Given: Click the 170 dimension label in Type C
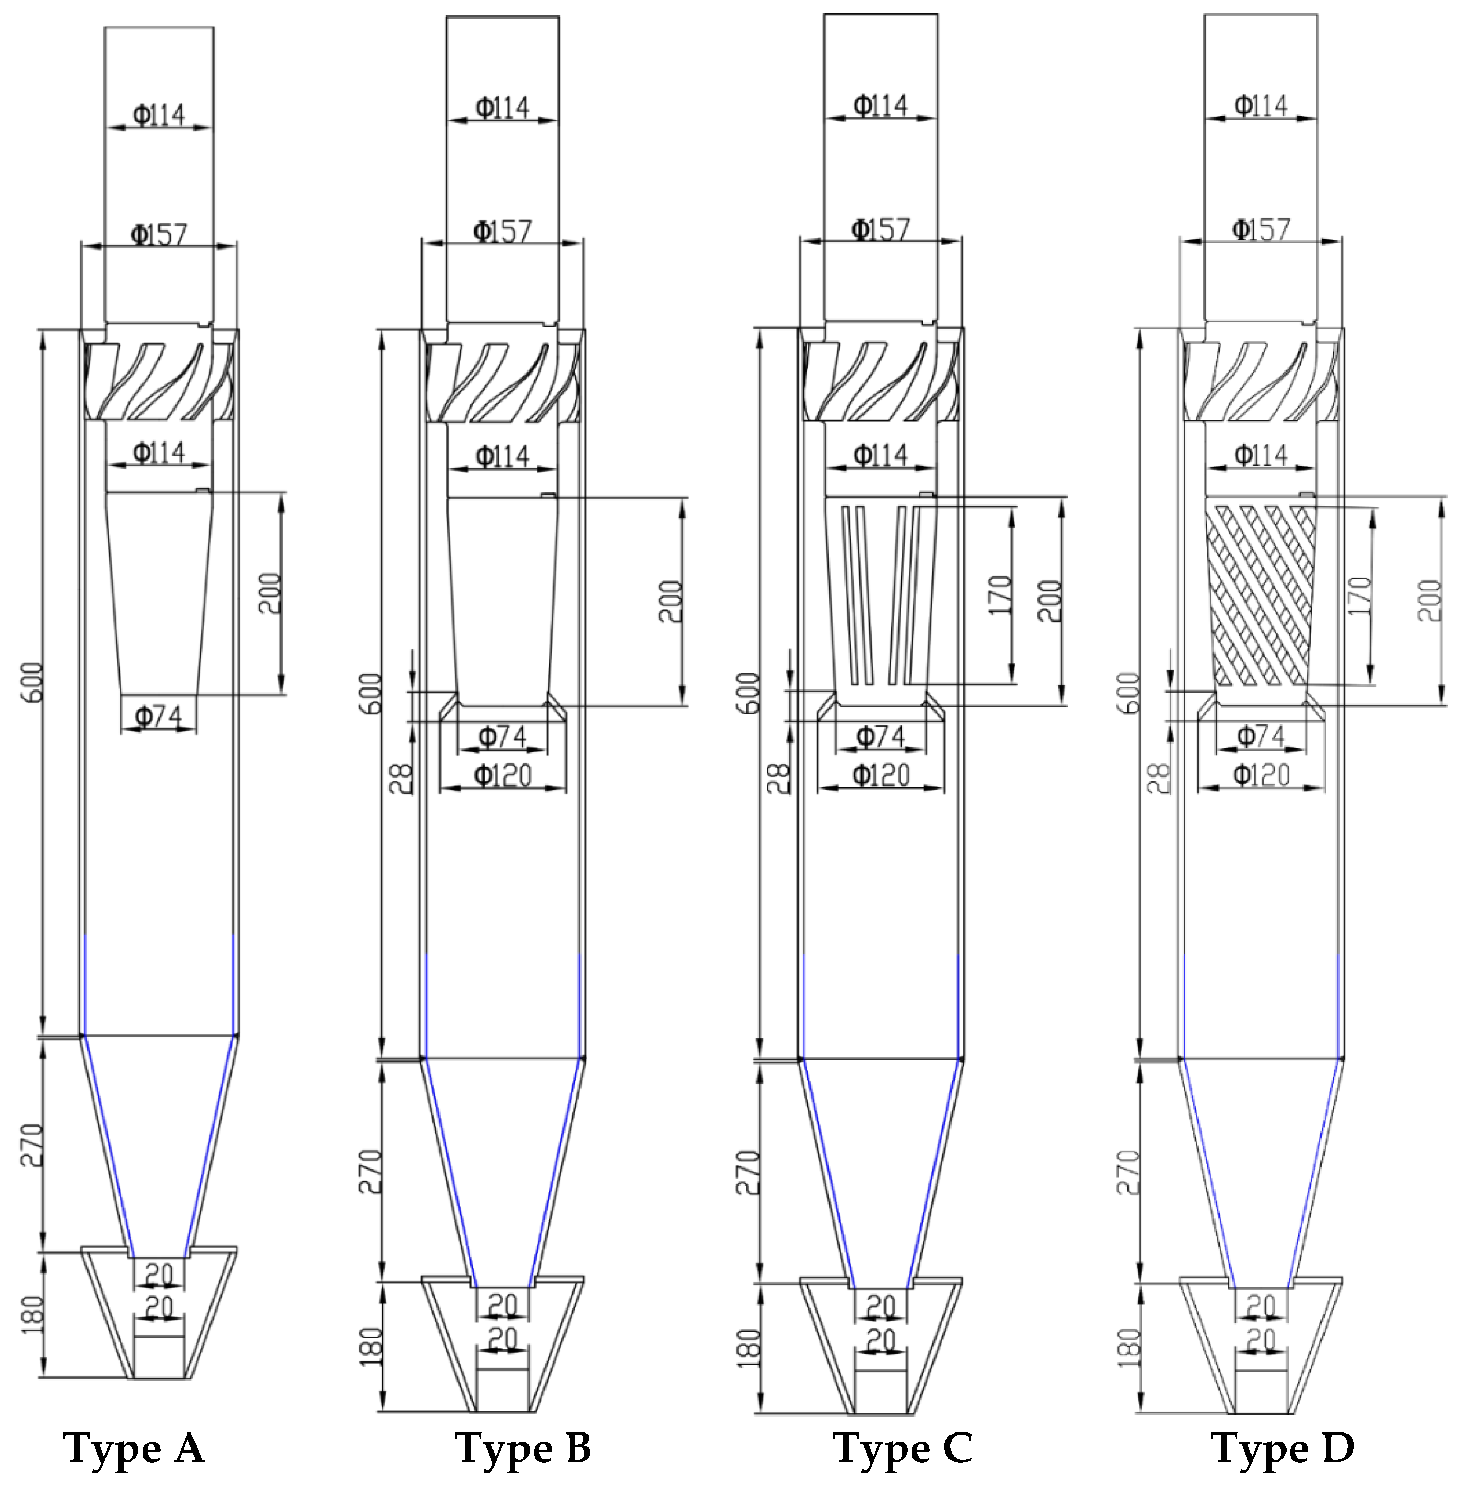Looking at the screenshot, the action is pos(1000,595).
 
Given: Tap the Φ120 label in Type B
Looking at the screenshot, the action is pos(503,775).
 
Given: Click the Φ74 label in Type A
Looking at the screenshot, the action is pos(159,717).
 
